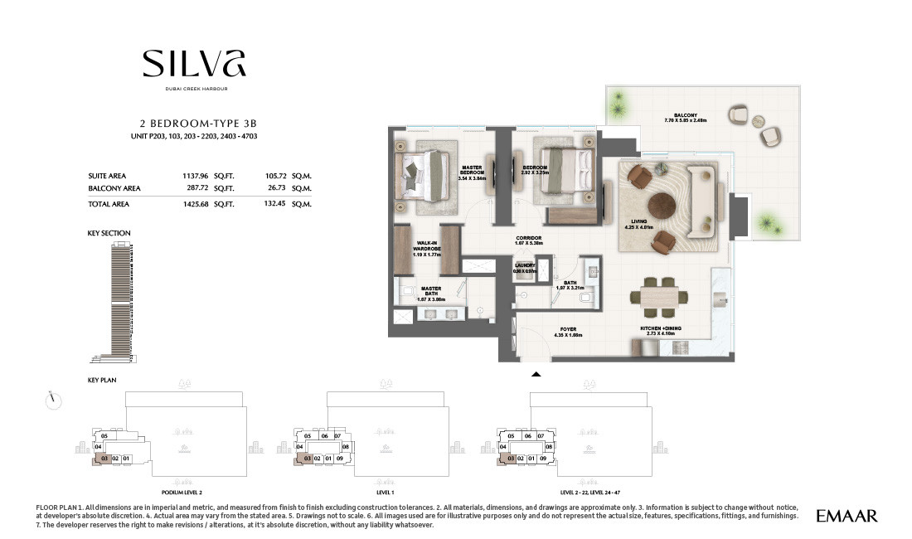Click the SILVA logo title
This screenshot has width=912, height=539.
[194, 65]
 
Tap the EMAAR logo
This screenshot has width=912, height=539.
[847, 516]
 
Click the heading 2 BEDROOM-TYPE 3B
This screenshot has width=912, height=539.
[194, 120]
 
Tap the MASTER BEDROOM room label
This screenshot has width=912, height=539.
[472, 172]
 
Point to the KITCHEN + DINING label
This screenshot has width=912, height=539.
[661, 331]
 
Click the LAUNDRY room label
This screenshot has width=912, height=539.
[524, 269]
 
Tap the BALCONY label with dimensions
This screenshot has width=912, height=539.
[685, 119]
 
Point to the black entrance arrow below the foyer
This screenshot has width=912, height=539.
[536, 374]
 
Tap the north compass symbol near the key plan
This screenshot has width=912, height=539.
[55, 400]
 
